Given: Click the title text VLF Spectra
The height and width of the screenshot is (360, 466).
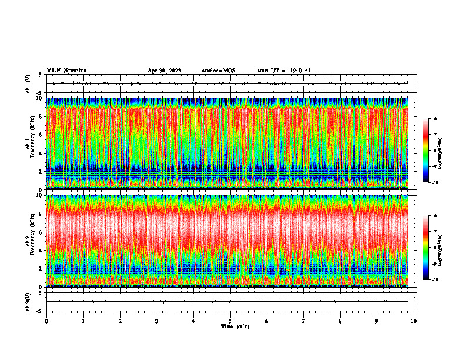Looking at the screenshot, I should click(66, 70).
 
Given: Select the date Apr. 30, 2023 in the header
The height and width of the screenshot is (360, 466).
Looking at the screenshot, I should click(164, 71).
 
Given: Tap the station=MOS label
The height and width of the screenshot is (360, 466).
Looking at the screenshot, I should click(218, 71).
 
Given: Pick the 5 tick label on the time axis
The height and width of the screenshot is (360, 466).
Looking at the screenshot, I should click(230, 321).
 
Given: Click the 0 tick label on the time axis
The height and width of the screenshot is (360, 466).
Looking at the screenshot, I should click(46, 321).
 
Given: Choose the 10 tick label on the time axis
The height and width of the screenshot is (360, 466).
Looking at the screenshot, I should click(414, 321).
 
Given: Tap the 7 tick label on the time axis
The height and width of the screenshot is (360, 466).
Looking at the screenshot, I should click(304, 321).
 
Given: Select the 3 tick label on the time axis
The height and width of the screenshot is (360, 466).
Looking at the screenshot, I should click(157, 321).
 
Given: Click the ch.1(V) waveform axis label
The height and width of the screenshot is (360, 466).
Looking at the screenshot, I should click(28, 84).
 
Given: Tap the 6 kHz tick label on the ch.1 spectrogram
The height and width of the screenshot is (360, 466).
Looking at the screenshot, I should click(40, 135).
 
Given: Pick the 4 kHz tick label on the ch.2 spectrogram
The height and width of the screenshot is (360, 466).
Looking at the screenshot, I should click(40, 251).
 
